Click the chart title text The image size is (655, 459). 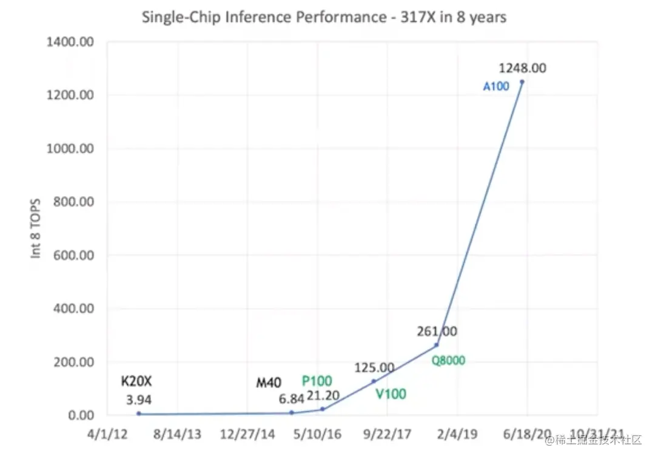tap(324, 17)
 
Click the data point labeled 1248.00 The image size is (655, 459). tap(522, 82)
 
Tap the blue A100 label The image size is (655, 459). tap(495, 87)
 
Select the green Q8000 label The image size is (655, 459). tap(448, 361)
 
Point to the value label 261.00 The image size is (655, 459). tap(437, 331)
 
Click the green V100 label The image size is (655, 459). tap(391, 394)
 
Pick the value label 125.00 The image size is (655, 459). tap(374, 368)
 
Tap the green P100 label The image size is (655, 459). tap(317, 381)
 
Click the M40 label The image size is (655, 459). tap(269, 383)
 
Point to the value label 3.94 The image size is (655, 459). tap(139, 400)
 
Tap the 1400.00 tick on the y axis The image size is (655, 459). tap(70, 42)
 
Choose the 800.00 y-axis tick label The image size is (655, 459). tap(72, 202)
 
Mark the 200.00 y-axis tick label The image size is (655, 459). tap(72, 362)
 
